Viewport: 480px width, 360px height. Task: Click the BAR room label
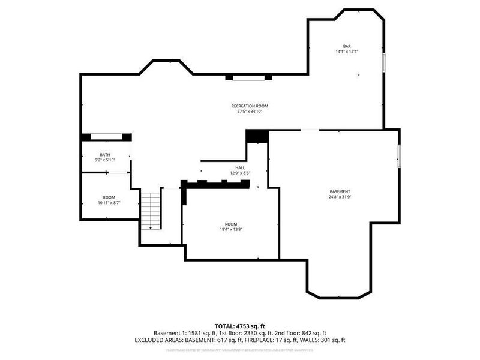click(x=347, y=46)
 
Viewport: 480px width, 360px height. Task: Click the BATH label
click(x=105, y=155)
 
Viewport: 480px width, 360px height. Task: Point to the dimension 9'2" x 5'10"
click(x=105, y=160)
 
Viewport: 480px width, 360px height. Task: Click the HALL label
click(x=240, y=167)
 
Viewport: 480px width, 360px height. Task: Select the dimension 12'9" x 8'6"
click(x=240, y=173)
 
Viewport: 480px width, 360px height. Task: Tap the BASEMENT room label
click(x=340, y=191)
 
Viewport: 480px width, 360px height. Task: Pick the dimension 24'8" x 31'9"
click(x=340, y=197)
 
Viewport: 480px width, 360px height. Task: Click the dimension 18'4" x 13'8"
click(x=231, y=229)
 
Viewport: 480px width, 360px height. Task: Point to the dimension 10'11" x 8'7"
click(x=109, y=203)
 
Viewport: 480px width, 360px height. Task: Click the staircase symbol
click(x=151, y=210)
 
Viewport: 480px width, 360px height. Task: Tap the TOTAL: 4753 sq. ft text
click(x=240, y=326)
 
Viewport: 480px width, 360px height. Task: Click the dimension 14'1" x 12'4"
click(x=347, y=52)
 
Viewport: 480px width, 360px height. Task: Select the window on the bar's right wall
click(x=384, y=62)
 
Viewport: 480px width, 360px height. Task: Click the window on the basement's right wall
click(x=399, y=155)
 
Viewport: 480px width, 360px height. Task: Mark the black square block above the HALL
click(x=257, y=136)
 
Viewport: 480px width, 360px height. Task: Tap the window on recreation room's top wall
click(x=248, y=77)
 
